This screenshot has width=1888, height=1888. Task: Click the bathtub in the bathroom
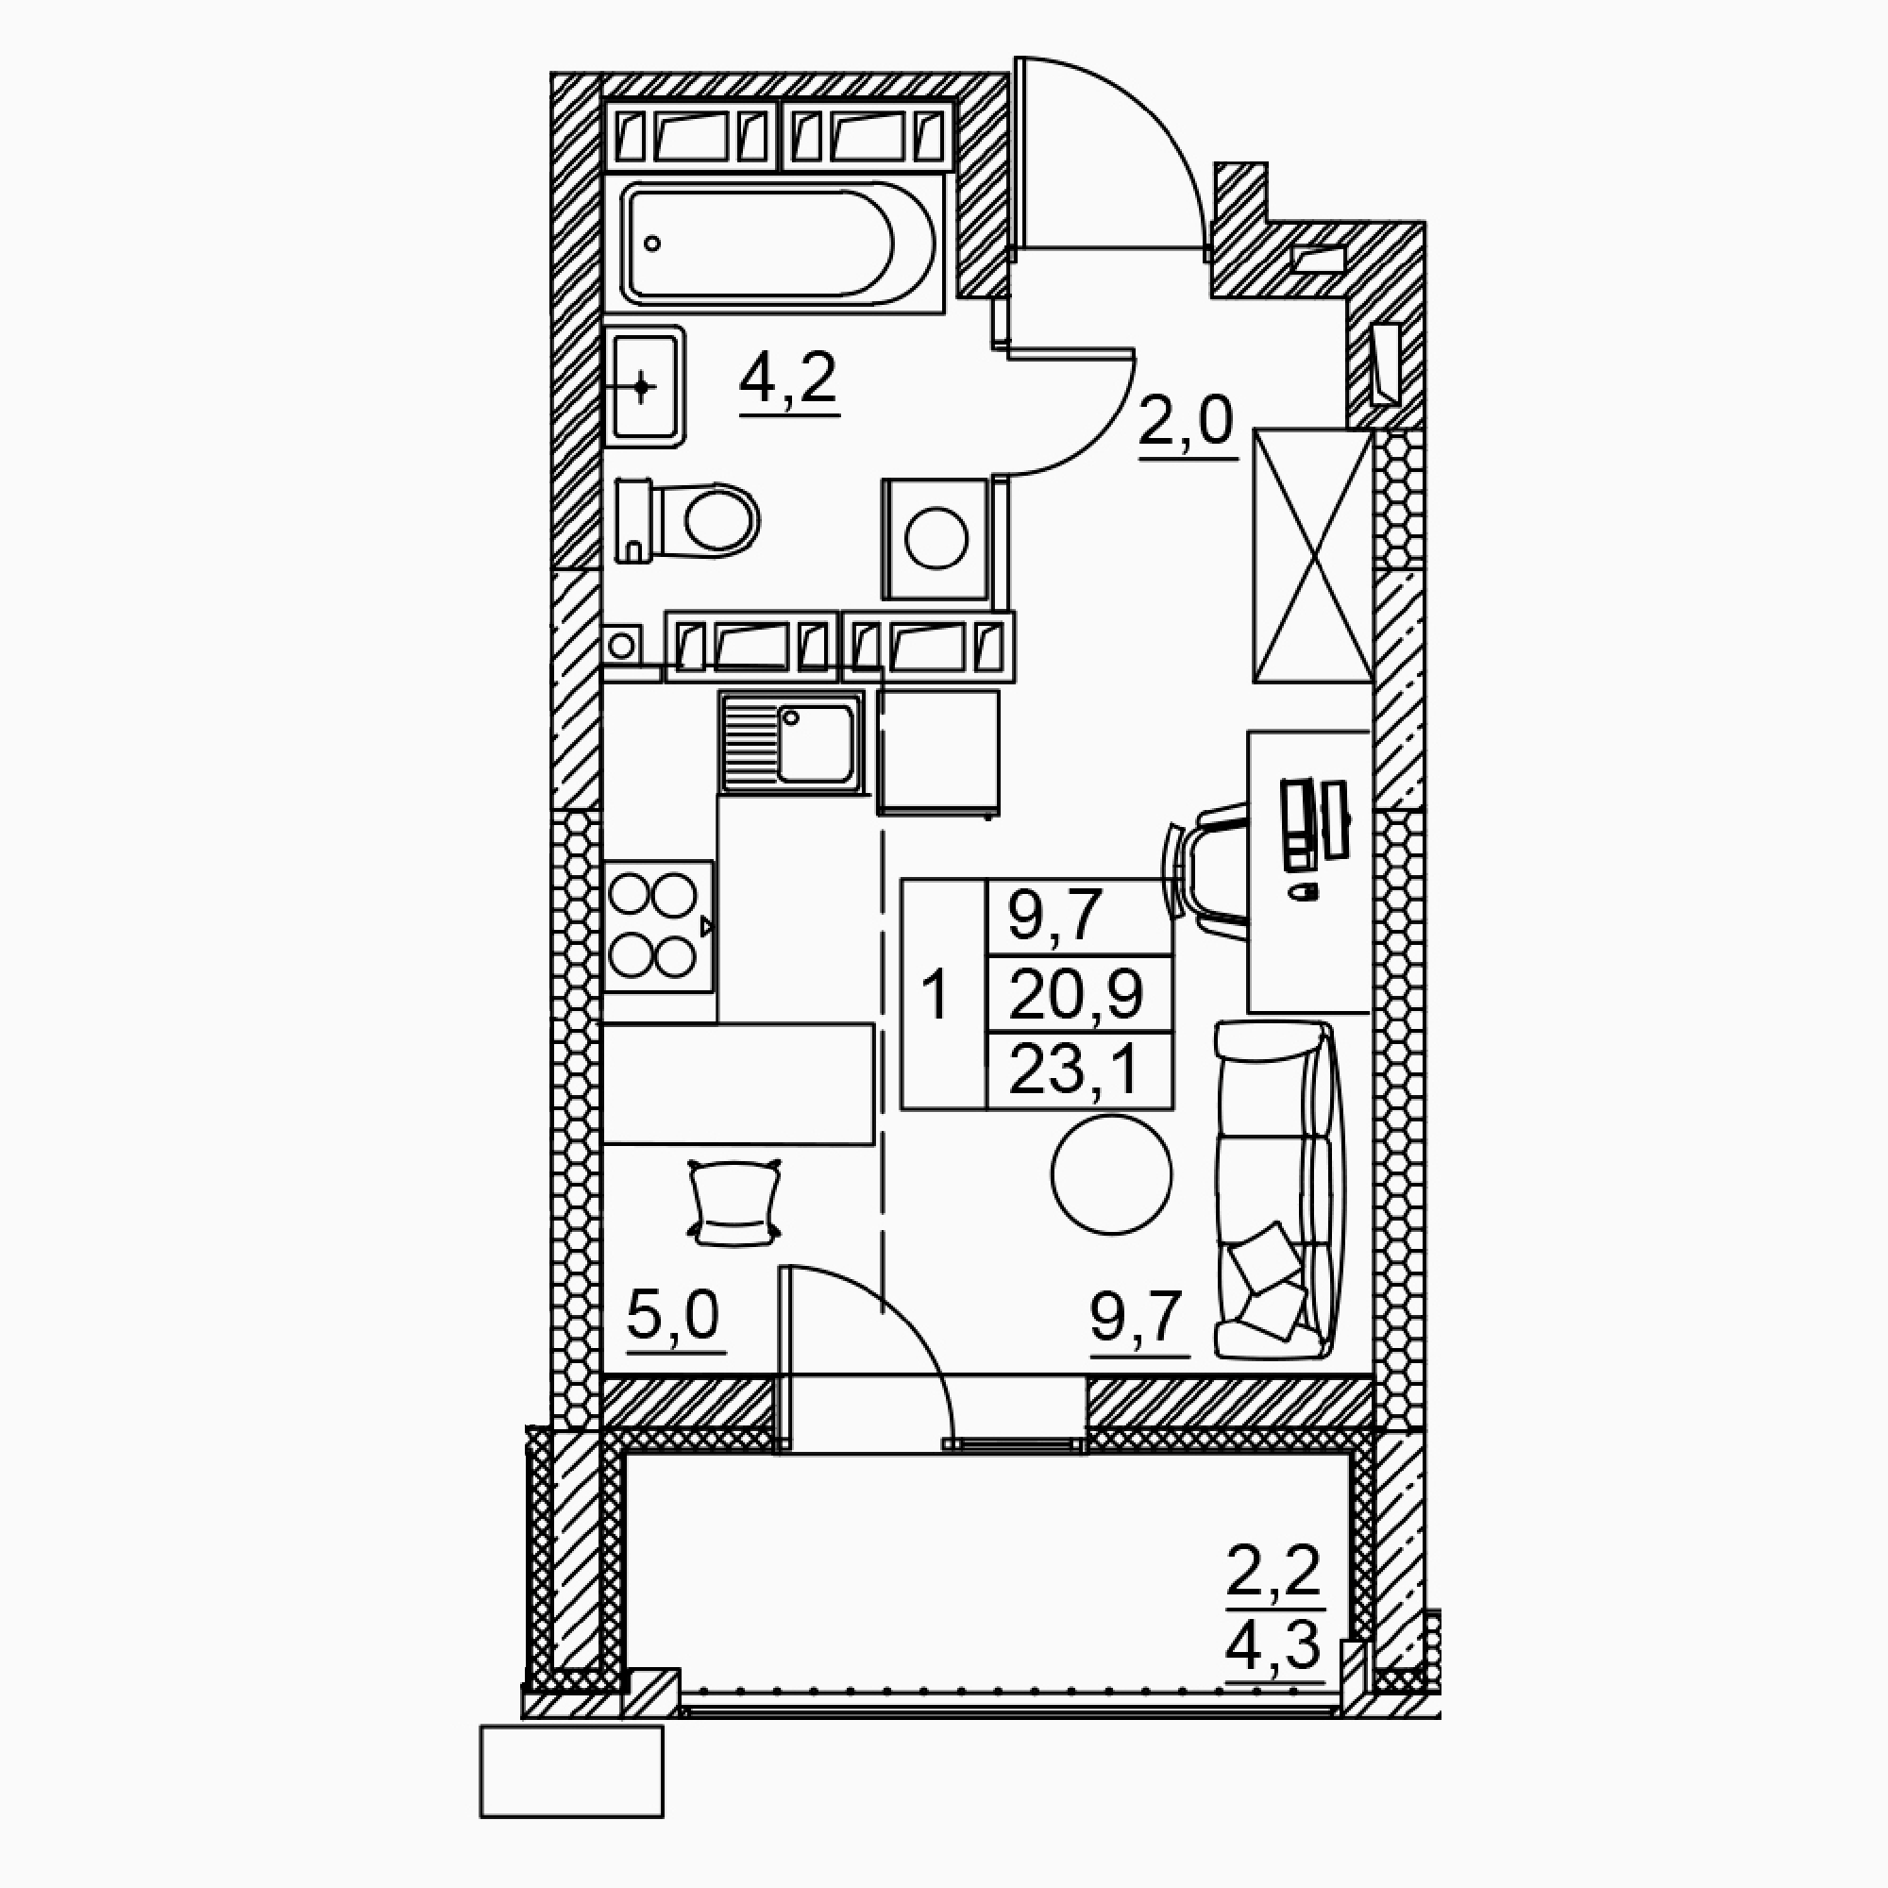coord(772,244)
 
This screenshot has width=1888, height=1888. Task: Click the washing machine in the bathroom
coord(936,538)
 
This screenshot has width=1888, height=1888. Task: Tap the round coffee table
coord(1111,1174)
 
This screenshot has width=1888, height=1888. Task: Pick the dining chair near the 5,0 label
coord(733,1201)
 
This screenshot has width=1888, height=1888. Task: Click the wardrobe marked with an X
coord(1313,555)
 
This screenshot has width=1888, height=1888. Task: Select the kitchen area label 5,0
coord(674,1315)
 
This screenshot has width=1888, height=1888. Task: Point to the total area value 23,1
coord(1074,1071)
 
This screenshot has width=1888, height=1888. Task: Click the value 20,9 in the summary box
coord(1076,996)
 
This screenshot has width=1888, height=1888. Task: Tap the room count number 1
coord(936,996)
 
